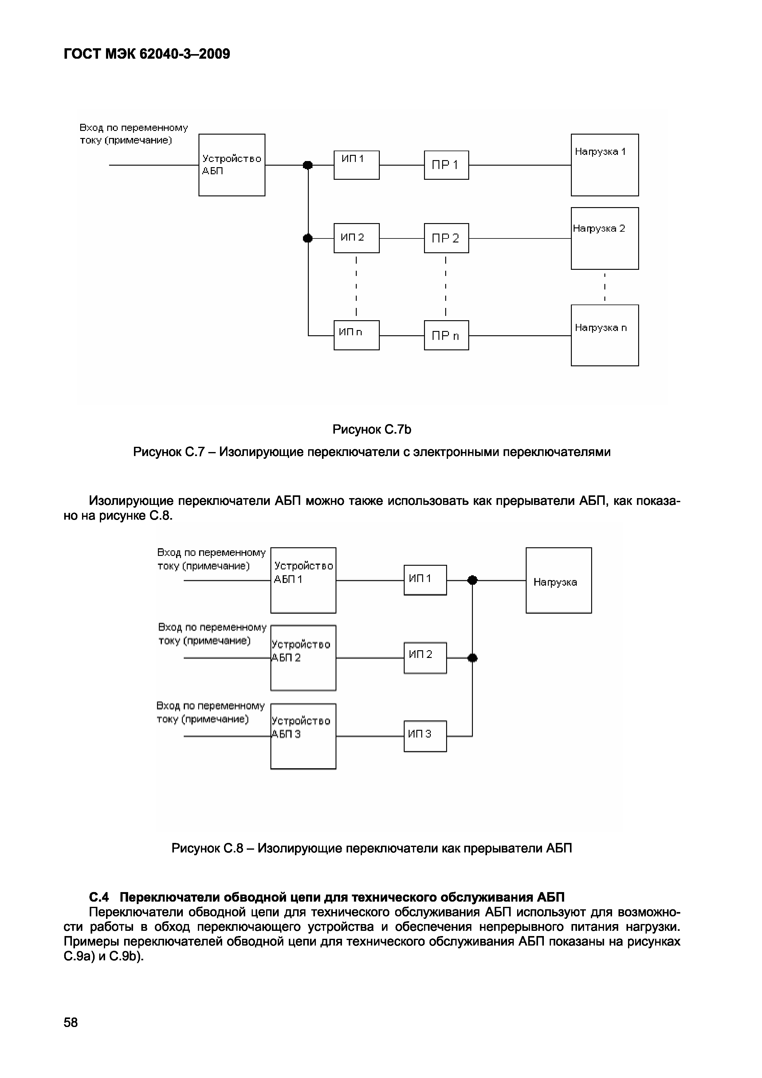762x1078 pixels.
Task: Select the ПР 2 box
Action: tap(446, 238)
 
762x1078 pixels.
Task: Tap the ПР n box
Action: tap(446, 335)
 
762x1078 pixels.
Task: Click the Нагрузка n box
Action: tap(604, 335)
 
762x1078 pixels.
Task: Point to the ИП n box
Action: tap(356, 335)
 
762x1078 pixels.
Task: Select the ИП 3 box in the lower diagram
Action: tap(425, 736)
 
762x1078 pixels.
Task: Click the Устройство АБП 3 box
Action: tap(303, 736)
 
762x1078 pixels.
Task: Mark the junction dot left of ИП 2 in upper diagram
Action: tap(308, 238)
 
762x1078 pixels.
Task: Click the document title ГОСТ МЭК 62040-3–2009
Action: tap(147, 54)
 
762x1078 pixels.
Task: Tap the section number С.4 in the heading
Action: tap(99, 897)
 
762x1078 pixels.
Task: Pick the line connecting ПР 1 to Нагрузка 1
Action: tap(520, 165)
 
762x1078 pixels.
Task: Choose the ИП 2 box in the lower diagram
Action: tap(425, 658)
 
